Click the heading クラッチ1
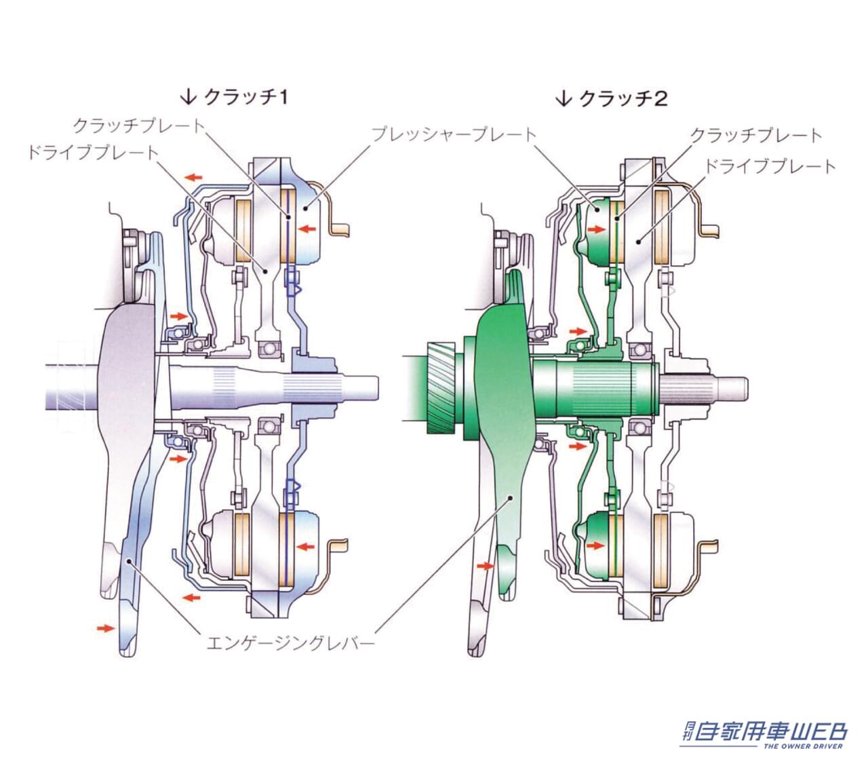pos(245,98)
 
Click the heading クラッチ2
pos(623,99)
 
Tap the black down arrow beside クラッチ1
pos(188,97)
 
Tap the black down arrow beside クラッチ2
pos(564,98)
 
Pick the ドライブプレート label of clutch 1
pos(93,152)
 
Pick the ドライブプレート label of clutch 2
pos(770,166)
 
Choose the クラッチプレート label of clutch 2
pos(756,136)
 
